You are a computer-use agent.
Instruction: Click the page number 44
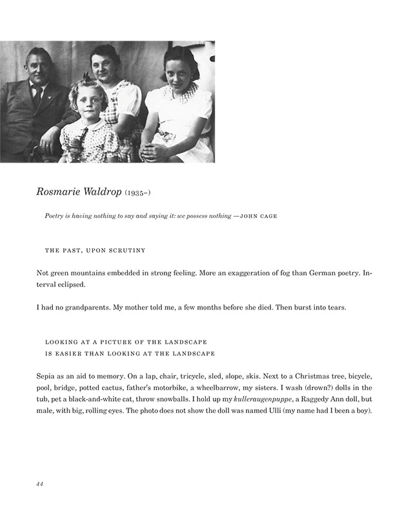[39, 484]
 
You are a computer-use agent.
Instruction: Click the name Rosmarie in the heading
[61, 192]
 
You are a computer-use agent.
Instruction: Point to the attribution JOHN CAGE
[258, 216]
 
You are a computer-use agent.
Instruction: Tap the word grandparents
[86, 307]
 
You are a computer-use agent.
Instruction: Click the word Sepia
[48, 375]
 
